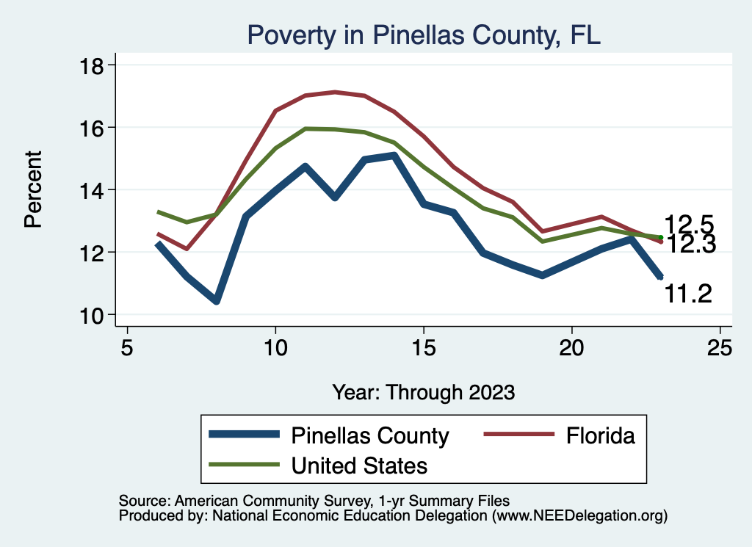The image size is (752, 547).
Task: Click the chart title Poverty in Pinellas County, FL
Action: pos(424,35)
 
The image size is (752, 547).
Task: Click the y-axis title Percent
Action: pos(33,189)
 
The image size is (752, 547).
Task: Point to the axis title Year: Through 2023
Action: pos(423,391)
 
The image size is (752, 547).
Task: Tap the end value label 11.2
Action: pos(688,294)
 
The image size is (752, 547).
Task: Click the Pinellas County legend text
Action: pos(370,435)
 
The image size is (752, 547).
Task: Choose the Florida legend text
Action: pos(600,435)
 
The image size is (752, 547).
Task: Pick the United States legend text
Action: pos(360,465)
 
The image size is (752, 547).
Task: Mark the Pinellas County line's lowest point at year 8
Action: pos(216,301)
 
